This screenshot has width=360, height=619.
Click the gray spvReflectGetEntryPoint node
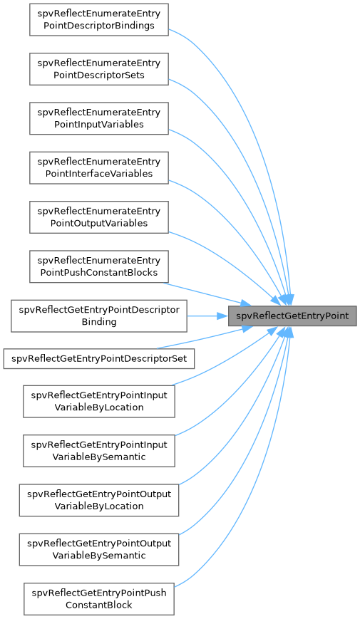click(x=292, y=316)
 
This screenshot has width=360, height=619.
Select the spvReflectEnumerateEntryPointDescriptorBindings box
click(x=99, y=20)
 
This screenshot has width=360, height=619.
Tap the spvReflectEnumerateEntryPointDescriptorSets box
click(x=99, y=69)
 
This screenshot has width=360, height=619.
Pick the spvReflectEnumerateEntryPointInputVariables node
click(x=99, y=118)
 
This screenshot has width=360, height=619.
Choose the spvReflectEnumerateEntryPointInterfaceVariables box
click(x=99, y=168)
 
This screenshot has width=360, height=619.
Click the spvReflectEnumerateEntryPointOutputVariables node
click(x=99, y=217)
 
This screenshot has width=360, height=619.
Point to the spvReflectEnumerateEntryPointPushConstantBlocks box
click(x=99, y=266)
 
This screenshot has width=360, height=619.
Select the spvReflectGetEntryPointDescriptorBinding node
click(x=99, y=316)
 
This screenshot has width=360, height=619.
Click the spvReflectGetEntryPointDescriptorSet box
click(x=99, y=359)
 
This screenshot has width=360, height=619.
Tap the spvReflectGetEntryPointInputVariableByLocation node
click(x=99, y=401)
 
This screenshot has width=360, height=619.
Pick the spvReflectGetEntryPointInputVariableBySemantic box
click(x=99, y=451)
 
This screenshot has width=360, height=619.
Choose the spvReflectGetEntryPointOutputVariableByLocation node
click(x=99, y=500)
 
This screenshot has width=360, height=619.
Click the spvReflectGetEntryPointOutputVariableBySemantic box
click(x=99, y=549)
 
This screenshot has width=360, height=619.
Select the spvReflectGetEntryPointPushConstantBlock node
click(x=99, y=599)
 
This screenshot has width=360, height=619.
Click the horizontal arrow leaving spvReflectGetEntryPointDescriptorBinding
click(x=207, y=316)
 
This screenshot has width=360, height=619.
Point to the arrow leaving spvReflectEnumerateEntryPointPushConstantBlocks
click(x=207, y=293)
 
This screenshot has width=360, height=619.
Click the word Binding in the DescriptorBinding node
click(x=99, y=322)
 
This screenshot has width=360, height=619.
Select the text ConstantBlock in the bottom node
click(x=99, y=605)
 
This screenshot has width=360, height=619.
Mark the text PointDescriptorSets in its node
click(x=99, y=75)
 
